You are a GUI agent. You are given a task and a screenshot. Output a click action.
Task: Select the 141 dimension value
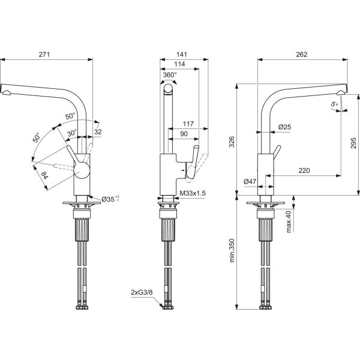click(x=181, y=54)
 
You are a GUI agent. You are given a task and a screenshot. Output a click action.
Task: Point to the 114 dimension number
click(x=179, y=65)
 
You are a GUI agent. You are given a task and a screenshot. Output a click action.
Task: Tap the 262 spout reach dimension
click(x=301, y=54)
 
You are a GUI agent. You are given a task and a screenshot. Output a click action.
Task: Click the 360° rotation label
click(x=170, y=75)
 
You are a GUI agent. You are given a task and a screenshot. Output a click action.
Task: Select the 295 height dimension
click(x=353, y=144)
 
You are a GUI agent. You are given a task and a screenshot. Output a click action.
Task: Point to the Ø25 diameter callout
click(x=284, y=127)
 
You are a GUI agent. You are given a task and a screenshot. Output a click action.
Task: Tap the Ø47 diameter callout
click(x=251, y=181)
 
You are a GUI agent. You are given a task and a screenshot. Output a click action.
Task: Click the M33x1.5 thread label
click(x=193, y=193)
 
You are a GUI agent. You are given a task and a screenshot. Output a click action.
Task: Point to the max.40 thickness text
click(x=289, y=221)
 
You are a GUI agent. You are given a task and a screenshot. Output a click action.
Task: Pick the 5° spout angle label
click(x=334, y=105)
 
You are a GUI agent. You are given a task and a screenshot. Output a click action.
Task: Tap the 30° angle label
click(x=72, y=134)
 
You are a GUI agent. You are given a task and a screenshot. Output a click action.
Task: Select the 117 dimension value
click(x=188, y=124)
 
